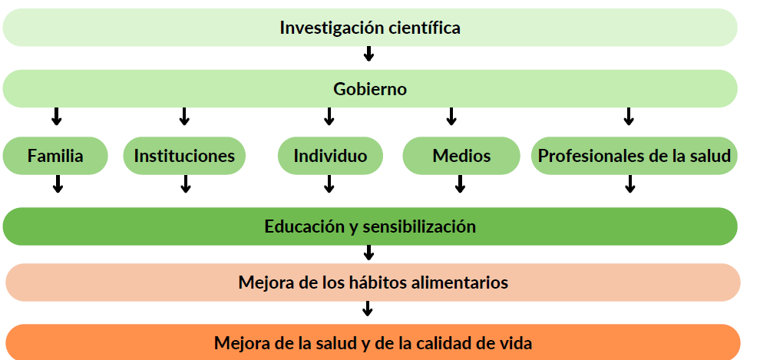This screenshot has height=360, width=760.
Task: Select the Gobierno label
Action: pyautogui.click(x=370, y=89)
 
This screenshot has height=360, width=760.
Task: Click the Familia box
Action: pyautogui.click(x=55, y=156)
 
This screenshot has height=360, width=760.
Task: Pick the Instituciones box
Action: pyautogui.click(x=184, y=156)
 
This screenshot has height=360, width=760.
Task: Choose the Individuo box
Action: pyautogui.click(x=330, y=156)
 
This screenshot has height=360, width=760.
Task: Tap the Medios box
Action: pyautogui.click(x=461, y=156)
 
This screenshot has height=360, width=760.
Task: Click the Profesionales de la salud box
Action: pyautogui.click(x=634, y=156)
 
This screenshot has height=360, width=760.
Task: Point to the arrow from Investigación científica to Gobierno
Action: pyautogui.click(x=368, y=53)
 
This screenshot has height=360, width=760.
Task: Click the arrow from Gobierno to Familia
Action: pyautogui.click(x=56, y=116)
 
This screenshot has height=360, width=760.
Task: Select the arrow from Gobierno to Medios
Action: pyautogui.click(x=451, y=116)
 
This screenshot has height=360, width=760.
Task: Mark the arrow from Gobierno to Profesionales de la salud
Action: pyautogui.click(x=629, y=116)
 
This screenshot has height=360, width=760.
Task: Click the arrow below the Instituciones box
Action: pyautogui.click(x=185, y=183)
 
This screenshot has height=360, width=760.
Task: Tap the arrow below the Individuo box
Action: pyautogui.click(x=329, y=183)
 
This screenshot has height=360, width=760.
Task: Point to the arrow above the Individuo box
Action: pyautogui.click(x=329, y=116)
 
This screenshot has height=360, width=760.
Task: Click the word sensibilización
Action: pyautogui.click(x=419, y=226)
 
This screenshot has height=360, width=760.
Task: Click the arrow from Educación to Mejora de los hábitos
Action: pyautogui.click(x=368, y=253)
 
